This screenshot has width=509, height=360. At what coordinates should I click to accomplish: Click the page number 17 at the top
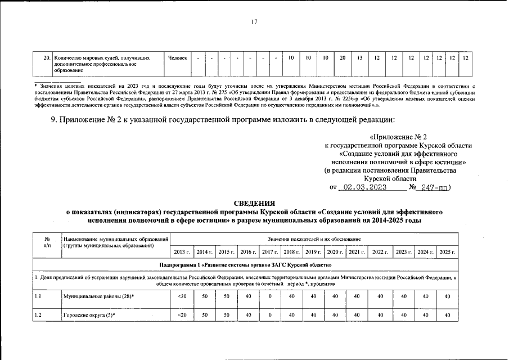click(x=254, y=22)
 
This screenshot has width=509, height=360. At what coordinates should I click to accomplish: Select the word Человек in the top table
click(x=177, y=58)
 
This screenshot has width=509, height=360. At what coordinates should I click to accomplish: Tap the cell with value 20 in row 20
click(x=342, y=58)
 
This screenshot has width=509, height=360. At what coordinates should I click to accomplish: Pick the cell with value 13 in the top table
click(x=359, y=58)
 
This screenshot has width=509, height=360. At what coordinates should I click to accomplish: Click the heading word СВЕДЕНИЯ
click(x=254, y=203)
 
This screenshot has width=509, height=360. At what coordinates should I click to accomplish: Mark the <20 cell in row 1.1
click(x=182, y=296)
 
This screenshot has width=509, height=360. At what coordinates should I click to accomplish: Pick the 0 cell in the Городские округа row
click(x=270, y=315)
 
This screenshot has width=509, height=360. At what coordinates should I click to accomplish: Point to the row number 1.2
click(x=38, y=315)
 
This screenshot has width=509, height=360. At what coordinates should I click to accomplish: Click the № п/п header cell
click(x=47, y=242)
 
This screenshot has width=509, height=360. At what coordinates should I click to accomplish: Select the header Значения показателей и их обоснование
click(x=314, y=240)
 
